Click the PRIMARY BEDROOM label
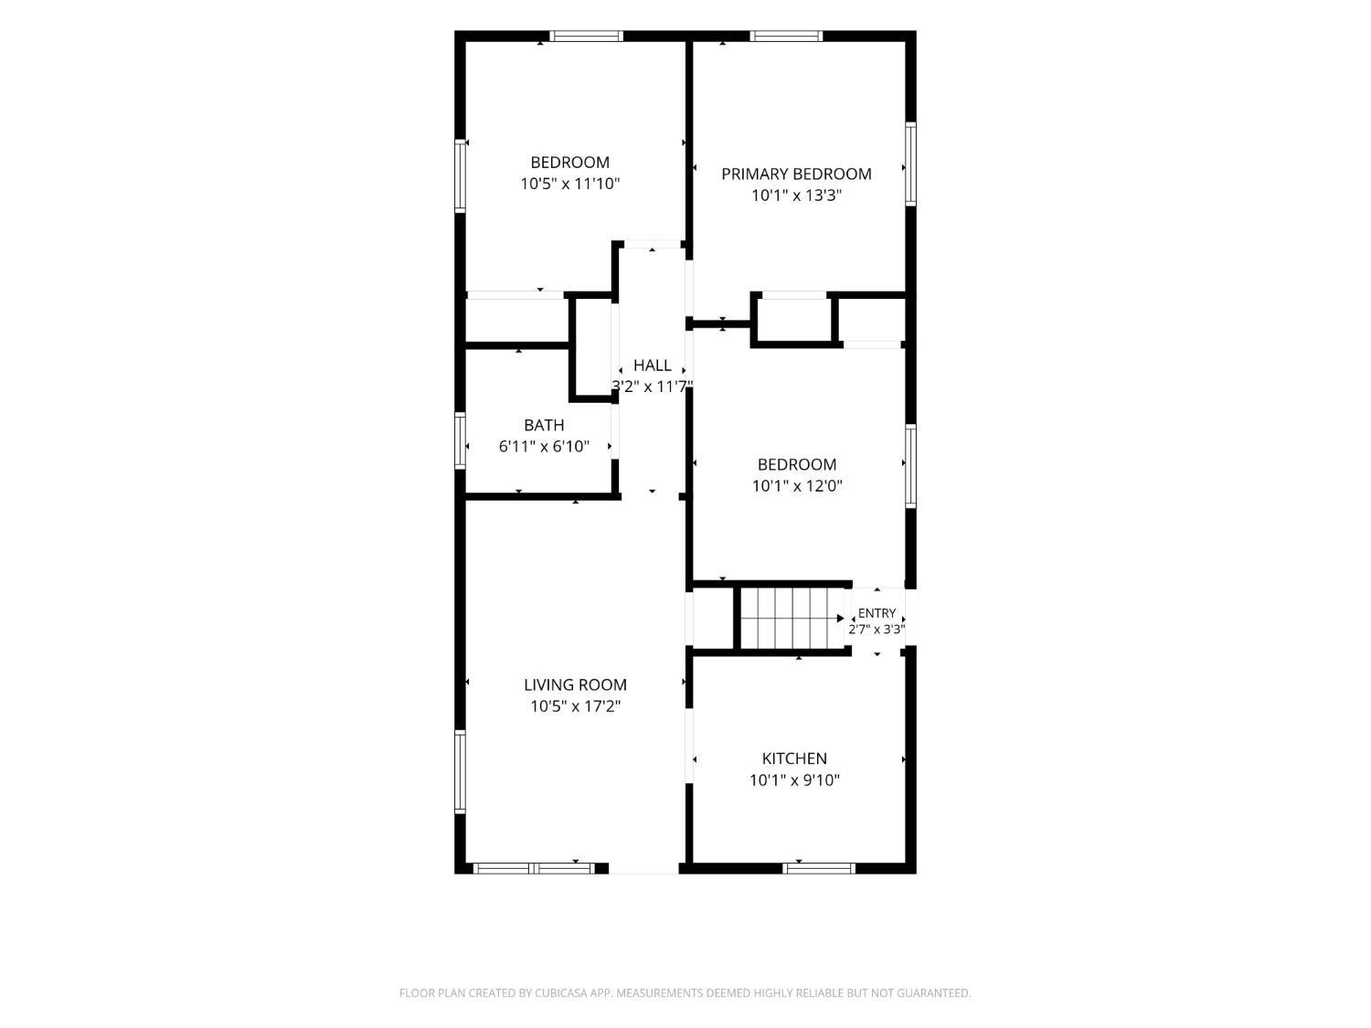(x=796, y=175)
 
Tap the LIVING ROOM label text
(x=575, y=684)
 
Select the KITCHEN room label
(x=794, y=758)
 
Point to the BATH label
(x=544, y=425)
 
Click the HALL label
(x=652, y=366)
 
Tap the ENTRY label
(x=877, y=613)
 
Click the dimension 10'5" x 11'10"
(x=569, y=185)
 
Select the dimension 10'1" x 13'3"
(x=796, y=196)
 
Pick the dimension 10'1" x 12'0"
(x=796, y=486)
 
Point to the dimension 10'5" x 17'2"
(x=575, y=706)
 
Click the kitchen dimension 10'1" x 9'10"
(x=794, y=780)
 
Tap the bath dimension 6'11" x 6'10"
(x=544, y=447)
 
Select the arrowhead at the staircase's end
(x=841, y=618)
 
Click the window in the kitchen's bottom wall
(x=818, y=868)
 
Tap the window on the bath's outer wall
(x=460, y=440)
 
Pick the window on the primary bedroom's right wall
(x=910, y=164)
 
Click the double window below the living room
(x=534, y=868)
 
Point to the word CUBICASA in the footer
(x=559, y=992)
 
